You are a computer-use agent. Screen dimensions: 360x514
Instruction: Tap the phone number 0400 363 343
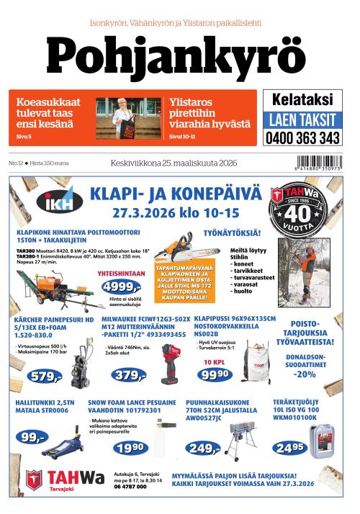302,137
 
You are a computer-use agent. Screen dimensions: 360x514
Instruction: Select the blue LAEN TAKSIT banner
302,119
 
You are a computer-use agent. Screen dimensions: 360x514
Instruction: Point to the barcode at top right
314,163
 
